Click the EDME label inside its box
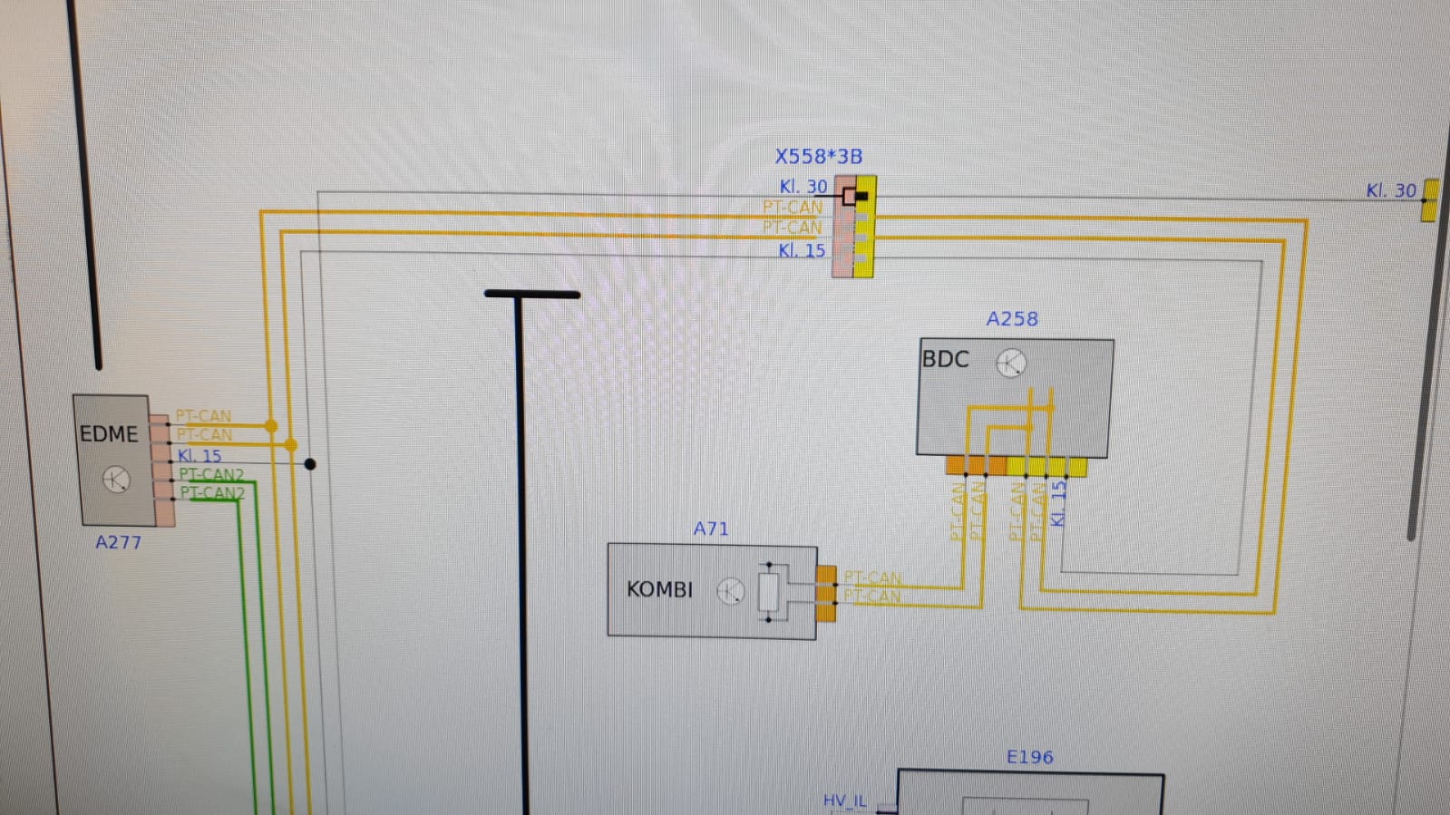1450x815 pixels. pos(109,433)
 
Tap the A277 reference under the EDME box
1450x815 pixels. pos(119,542)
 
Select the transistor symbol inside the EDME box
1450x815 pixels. pos(116,480)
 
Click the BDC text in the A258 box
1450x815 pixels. pos(945,359)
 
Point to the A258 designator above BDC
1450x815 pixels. pos(1012,319)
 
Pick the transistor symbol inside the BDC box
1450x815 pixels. pos(1011,364)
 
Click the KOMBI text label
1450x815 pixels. pos(659,590)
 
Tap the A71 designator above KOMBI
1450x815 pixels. pos(711,529)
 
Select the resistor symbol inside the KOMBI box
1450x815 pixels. pos(768,592)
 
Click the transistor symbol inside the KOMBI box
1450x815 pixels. pos(731,591)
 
